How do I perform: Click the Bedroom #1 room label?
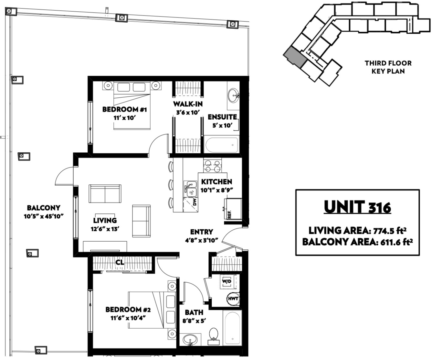tap(124, 109)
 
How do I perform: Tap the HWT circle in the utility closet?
tap(233, 299)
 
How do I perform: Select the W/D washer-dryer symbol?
tap(227, 281)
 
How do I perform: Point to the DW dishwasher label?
tap(195, 202)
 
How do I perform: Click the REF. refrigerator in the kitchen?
tap(233, 209)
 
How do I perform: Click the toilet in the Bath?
tap(214, 336)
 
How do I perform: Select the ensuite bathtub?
tap(222, 145)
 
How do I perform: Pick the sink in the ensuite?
tap(234, 95)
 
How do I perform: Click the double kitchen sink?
tap(190, 189)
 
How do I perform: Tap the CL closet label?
tap(120, 262)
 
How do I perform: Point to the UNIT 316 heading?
tap(357, 207)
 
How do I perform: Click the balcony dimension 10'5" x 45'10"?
tap(43, 216)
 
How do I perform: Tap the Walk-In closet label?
tap(188, 104)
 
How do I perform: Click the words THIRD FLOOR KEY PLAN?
tap(388, 67)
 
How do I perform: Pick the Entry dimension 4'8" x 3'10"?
tap(202, 240)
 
